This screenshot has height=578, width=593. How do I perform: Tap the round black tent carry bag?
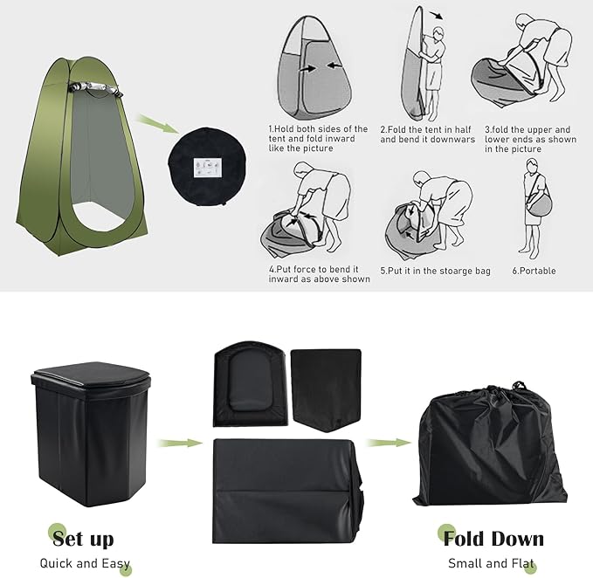click(207, 167)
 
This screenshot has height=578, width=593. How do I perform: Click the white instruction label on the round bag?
click(208, 168)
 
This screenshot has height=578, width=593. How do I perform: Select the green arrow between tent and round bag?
click(158, 124)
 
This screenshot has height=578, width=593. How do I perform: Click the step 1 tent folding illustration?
click(314, 67)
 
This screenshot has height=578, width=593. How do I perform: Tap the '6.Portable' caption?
click(534, 271)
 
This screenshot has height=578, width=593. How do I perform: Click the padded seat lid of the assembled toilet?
click(92, 375)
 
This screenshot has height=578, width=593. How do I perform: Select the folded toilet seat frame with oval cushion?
click(251, 384)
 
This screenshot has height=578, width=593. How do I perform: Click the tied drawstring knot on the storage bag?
click(518, 386)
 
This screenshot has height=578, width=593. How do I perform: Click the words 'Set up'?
click(83, 539)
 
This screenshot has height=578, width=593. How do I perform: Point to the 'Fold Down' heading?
click(493, 539)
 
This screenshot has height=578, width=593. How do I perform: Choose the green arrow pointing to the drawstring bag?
click(389, 443)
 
